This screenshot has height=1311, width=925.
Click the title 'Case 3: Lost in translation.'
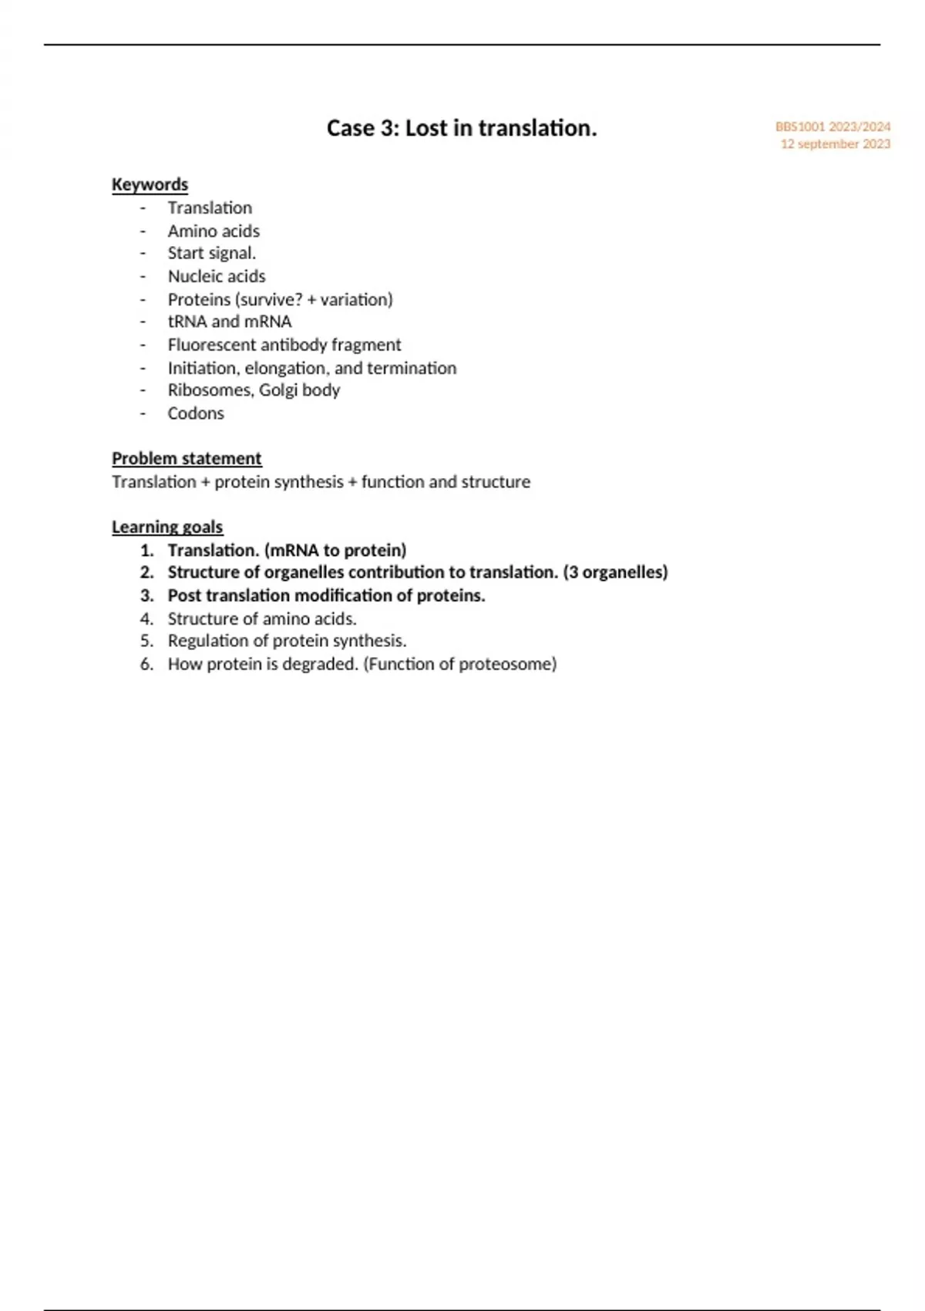point(462,128)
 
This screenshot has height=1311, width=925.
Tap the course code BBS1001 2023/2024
point(832,126)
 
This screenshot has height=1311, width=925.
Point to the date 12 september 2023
point(835,144)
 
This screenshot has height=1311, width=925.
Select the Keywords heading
point(150,185)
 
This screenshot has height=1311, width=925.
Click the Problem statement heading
point(187,459)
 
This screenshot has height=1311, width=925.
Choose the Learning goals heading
point(167,527)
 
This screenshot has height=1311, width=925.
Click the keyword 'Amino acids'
point(214,231)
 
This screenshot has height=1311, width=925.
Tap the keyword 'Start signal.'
point(212,254)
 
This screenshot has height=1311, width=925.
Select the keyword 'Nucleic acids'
point(217,276)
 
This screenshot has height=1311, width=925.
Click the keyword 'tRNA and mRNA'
point(230,322)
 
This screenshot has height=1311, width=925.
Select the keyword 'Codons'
point(196,413)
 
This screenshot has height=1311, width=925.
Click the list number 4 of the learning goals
point(146,618)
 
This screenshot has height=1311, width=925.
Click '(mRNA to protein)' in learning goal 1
point(335,551)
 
